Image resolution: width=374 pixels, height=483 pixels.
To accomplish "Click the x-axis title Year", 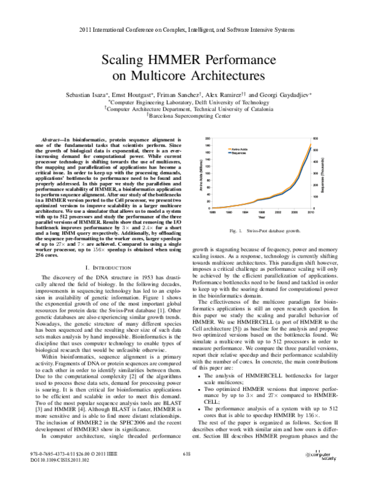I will coord(261,218).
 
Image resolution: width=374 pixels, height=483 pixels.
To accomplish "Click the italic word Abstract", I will coord(52,142).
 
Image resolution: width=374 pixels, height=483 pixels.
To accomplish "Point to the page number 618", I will coord(186,471).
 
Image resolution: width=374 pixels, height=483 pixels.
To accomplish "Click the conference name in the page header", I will coord(187,30).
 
